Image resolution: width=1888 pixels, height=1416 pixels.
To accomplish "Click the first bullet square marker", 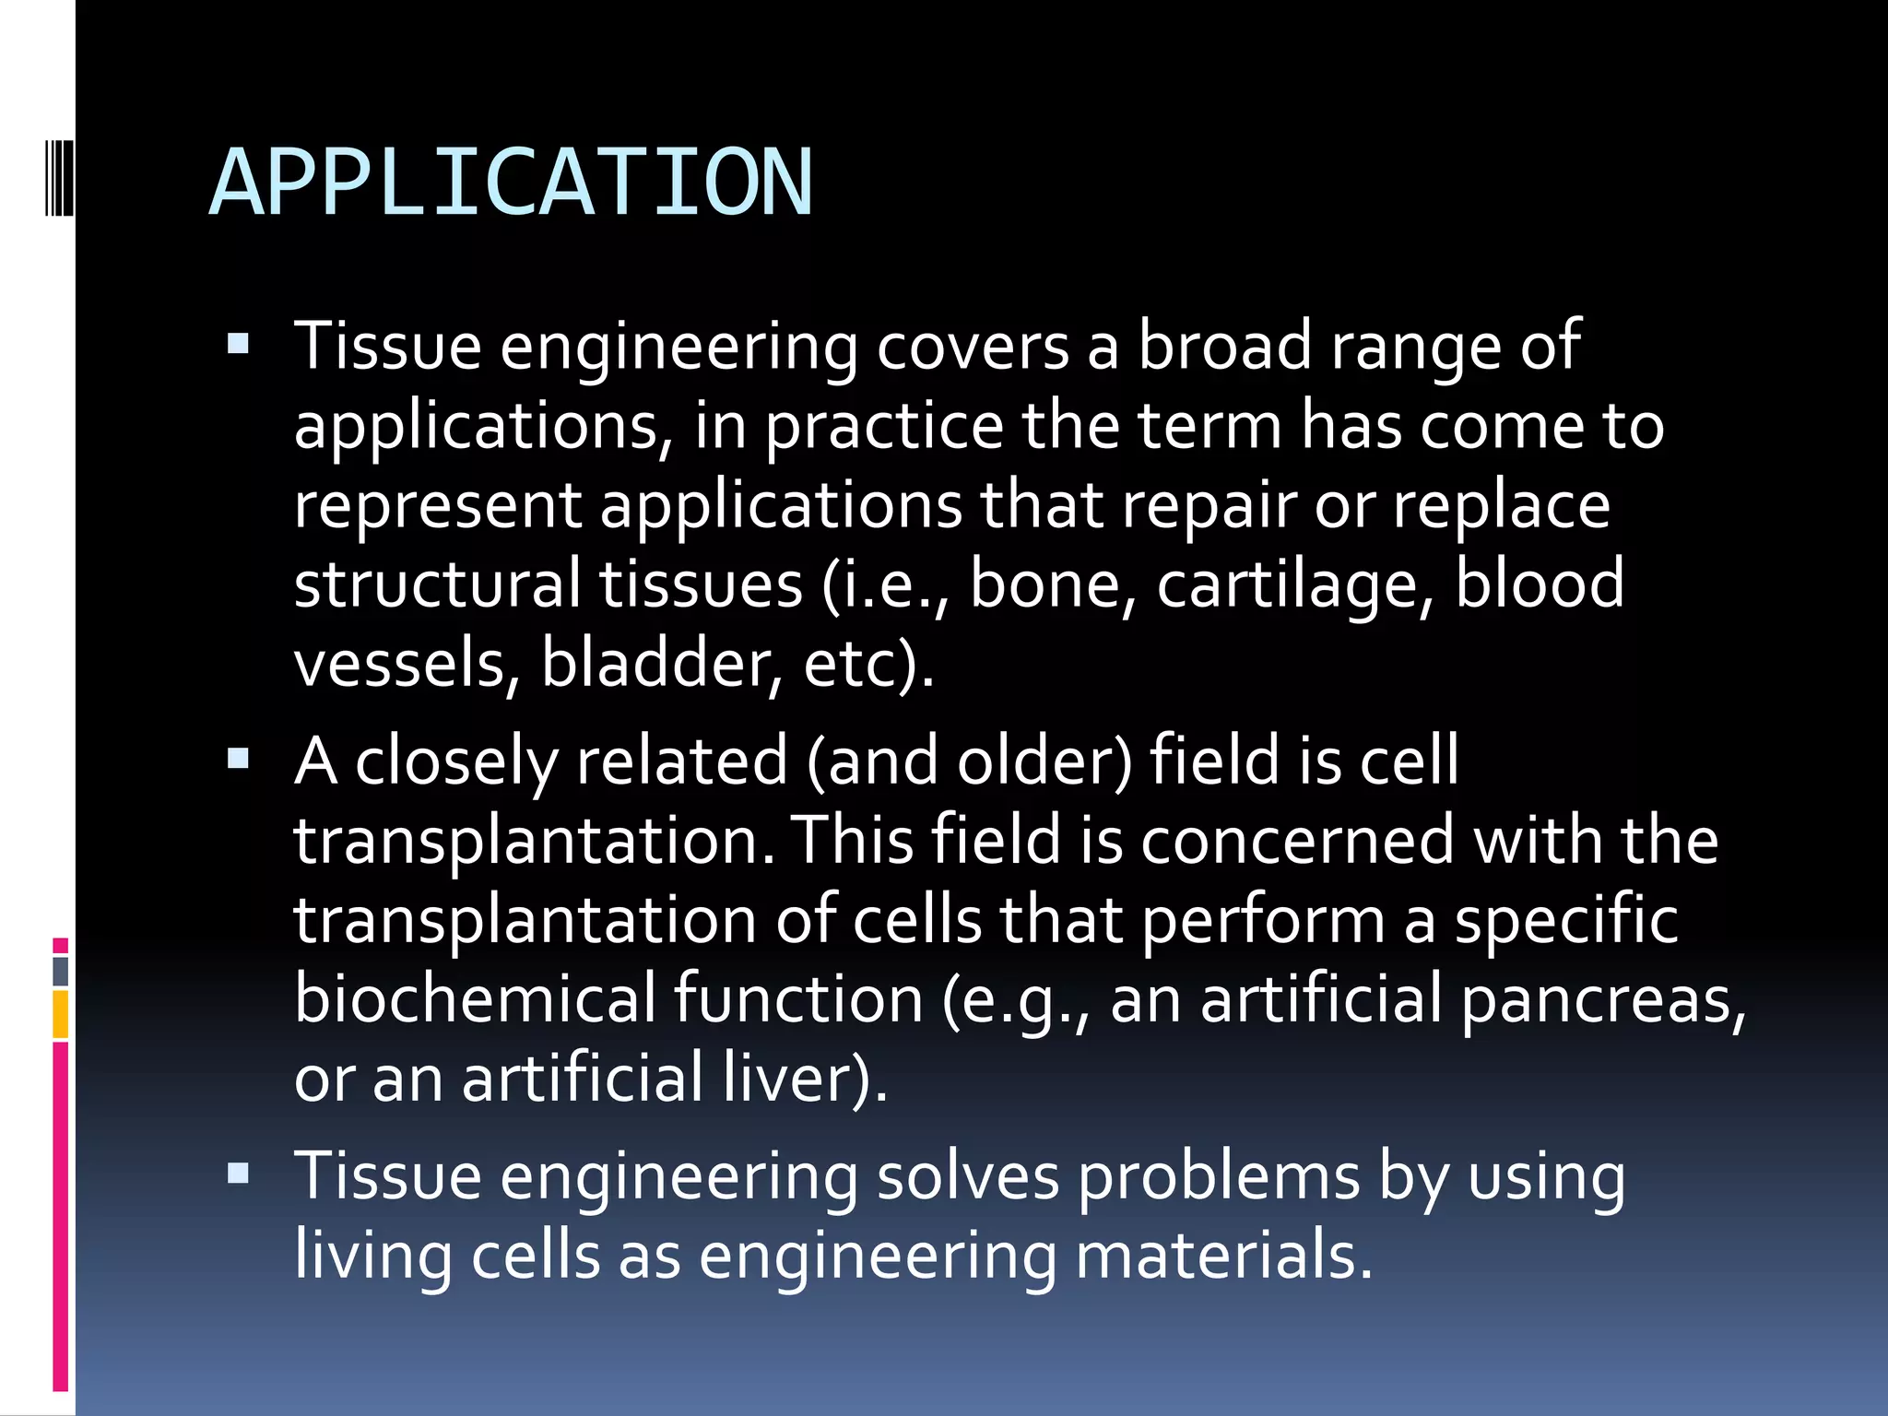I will click(238, 345).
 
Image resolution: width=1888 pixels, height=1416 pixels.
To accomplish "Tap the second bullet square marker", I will click(238, 759).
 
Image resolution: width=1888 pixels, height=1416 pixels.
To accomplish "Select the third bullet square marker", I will click(238, 1174).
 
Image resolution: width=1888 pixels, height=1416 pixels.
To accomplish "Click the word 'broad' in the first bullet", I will click(1224, 346).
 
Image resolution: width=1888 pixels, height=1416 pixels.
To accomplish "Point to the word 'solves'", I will click(967, 1177).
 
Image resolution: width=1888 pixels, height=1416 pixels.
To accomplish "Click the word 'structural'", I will click(437, 584).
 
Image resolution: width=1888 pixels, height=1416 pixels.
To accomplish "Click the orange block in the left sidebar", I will click(61, 1014).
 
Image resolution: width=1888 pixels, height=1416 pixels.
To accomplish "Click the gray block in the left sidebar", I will click(61, 972).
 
